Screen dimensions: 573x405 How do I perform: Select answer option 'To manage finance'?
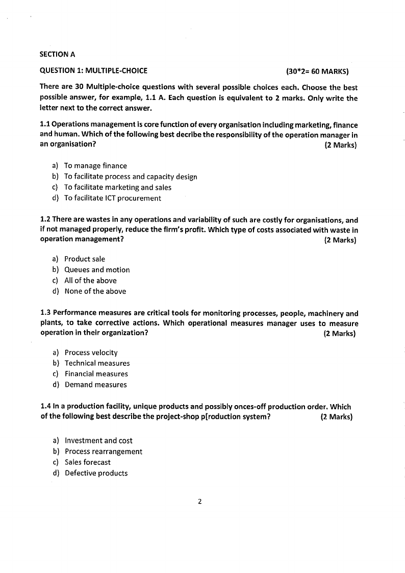coord(95,166)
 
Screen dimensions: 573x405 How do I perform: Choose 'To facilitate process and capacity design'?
coord(131,177)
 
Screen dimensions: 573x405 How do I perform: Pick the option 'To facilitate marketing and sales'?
coord(118,187)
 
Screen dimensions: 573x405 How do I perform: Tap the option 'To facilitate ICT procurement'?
coord(112,198)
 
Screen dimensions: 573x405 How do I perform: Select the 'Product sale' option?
coord(85,259)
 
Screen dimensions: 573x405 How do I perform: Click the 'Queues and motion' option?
coord(97,269)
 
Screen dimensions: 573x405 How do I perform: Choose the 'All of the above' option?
coord(90,280)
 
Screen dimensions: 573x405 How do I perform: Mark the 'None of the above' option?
coord(95,291)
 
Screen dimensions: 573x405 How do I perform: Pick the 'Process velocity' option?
coord(91,353)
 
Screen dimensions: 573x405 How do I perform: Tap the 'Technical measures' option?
coord(97,363)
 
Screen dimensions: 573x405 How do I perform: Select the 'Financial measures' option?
coord(96,374)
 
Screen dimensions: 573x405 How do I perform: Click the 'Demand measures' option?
coord(95,385)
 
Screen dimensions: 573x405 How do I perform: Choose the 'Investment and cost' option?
coord(98,440)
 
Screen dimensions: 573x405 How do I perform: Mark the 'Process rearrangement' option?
coord(104,452)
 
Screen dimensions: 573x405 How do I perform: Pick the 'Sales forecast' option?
coord(87,462)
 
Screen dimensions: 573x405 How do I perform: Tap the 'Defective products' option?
coord(96,473)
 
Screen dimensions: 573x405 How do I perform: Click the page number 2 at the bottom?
coord(200,502)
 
